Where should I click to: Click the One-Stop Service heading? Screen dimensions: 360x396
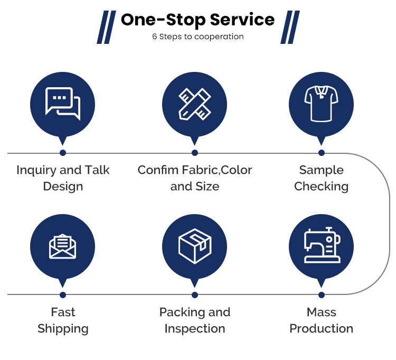point(197,20)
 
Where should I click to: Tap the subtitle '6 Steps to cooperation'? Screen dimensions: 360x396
point(197,37)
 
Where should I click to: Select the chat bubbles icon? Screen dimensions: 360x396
point(63,104)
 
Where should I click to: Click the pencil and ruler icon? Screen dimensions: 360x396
point(195,104)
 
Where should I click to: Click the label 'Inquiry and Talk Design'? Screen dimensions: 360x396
point(63,178)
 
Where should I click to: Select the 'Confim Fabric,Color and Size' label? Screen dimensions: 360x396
point(195,178)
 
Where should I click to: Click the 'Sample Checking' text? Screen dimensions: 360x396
point(321,178)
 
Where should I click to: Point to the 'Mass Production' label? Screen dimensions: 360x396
point(321,320)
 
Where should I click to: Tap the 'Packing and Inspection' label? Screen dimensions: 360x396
point(195,320)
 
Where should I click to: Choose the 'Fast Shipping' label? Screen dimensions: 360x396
point(63,320)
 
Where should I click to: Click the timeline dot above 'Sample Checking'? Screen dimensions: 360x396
point(322,153)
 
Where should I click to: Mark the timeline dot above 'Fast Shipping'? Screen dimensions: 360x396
point(63,294)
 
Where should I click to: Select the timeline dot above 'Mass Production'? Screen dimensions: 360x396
point(322,294)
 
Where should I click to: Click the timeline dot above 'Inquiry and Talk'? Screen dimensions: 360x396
point(63,153)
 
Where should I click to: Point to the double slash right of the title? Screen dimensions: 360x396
point(289,27)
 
